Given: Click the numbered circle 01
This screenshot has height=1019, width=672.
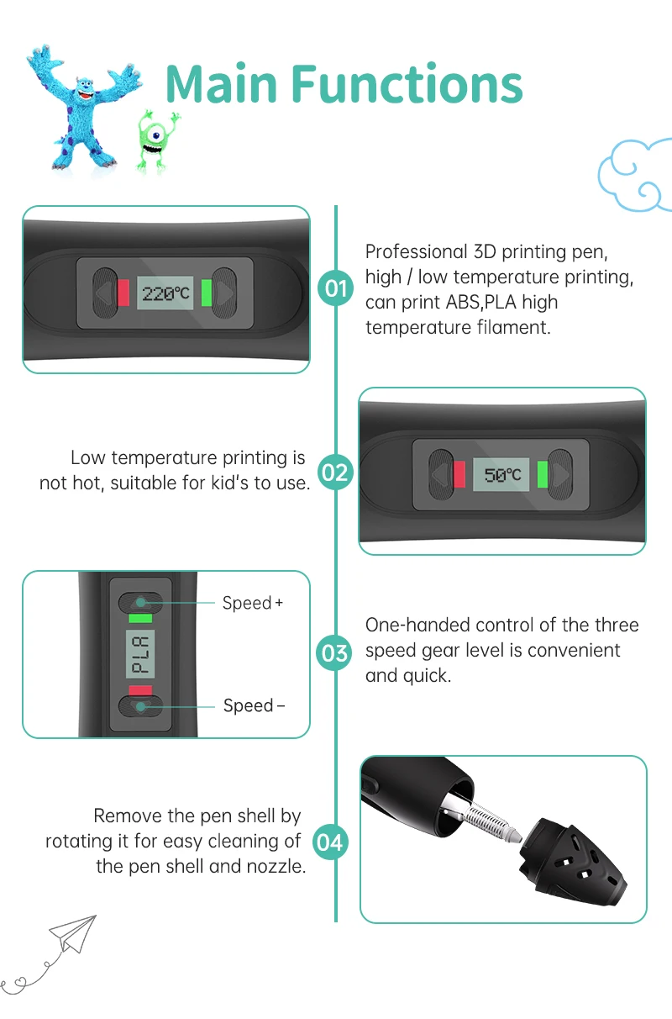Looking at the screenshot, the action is point(335,288).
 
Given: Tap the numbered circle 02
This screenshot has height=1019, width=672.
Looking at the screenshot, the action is point(335,472).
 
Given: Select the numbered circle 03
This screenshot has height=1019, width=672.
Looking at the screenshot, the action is point(335,652).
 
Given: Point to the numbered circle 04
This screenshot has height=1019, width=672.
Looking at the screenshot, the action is point(330,841).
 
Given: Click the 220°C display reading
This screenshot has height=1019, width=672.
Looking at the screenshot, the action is point(166,293).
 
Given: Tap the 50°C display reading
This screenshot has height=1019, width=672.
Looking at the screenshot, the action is point(502,475).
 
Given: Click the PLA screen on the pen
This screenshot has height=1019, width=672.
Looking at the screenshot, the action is point(140,654).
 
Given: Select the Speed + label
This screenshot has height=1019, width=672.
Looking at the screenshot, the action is point(252,603).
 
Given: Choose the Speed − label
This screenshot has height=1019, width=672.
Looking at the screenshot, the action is point(254,705).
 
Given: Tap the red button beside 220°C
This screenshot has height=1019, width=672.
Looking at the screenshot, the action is point(123,293).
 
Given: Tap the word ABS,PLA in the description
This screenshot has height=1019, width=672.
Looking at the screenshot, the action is point(472,302).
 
